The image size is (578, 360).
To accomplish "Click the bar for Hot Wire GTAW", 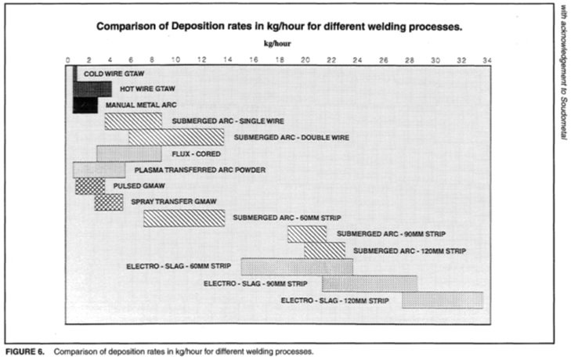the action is click(x=92, y=89).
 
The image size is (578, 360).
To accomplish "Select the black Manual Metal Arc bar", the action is click(x=85, y=105).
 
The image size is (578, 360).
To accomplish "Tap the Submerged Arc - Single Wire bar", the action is click(x=133, y=121).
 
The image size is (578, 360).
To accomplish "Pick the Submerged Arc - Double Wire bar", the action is click(x=176, y=138).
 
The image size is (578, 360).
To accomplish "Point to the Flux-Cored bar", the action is click(x=129, y=153).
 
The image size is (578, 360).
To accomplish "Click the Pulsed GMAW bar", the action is click(x=90, y=186).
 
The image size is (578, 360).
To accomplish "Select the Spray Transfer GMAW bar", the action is click(x=109, y=202).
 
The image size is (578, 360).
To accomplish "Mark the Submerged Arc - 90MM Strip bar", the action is click(x=307, y=234).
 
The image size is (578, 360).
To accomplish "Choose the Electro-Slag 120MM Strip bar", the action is click(x=443, y=300).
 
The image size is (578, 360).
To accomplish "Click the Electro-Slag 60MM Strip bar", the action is click(x=297, y=267).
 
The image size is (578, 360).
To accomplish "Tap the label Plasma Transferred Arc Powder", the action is click(x=200, y=171).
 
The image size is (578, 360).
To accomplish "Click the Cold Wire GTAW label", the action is click(x=114, y=74).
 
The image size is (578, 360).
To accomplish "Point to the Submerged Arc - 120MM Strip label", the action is click(x=410, y=251).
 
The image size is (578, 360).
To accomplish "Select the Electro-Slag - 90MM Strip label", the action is click(x=255, y=284).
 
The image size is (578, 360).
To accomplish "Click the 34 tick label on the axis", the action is click(x=487, y=60).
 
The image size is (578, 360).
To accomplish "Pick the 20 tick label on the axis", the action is click(x=305, y=60).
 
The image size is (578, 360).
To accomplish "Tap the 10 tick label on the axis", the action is click(x=175, y=60).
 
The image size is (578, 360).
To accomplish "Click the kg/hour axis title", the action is click(x=277, y=44).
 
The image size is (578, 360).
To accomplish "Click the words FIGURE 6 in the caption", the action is click(x=25, y=351).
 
